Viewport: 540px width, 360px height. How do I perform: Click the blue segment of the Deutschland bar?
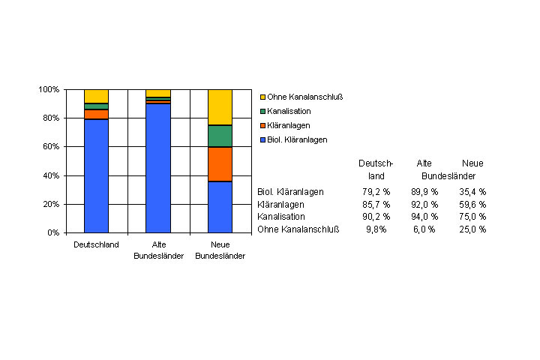click(x=96, y=175)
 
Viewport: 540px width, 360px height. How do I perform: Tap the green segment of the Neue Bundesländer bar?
click(x=220, y=136)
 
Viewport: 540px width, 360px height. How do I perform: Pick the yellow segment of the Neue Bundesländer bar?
click(x=220, y=107)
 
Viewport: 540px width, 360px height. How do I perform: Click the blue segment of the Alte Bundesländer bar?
click(x=158, y=168)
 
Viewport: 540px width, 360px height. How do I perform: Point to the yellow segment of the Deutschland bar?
click(x=96, y=96)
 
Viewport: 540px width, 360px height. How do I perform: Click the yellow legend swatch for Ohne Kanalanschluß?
click(x=262, y=97)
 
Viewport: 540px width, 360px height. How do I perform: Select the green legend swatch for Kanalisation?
click(x=262, y=111)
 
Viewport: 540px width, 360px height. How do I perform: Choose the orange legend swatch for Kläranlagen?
click(x=262, y=125)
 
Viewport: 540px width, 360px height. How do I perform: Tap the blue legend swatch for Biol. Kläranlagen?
click(x=262, y=139)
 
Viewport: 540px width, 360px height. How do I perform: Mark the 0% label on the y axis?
click(x=52, y=232)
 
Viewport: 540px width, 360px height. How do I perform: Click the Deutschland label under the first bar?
click(x=96, y=244)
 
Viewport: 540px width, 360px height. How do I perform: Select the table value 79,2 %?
click(x=376, y=192)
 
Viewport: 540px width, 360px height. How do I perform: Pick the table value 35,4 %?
click(x=472, y=192)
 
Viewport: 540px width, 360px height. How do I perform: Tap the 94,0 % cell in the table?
click(x=424, y=217)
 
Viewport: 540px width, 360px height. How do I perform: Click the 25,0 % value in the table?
click(x=472, y=229)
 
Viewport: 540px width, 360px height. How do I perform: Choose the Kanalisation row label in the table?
click(x=281, y=217)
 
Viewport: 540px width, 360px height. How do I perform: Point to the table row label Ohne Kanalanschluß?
click(x=298, y=229)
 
